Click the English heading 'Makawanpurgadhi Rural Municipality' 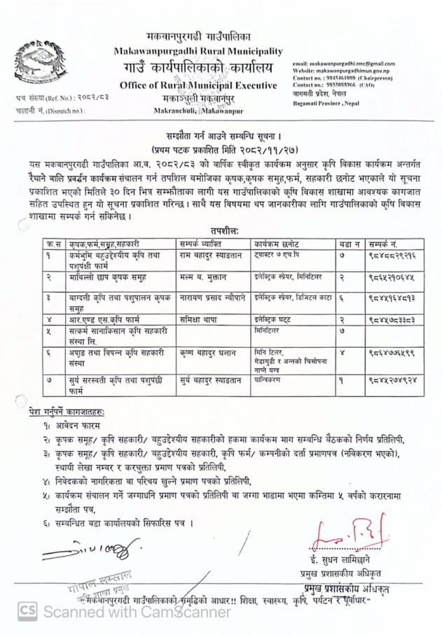point(198,51)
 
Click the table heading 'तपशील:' point(223,228)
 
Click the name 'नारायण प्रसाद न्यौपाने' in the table point(212,297)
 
